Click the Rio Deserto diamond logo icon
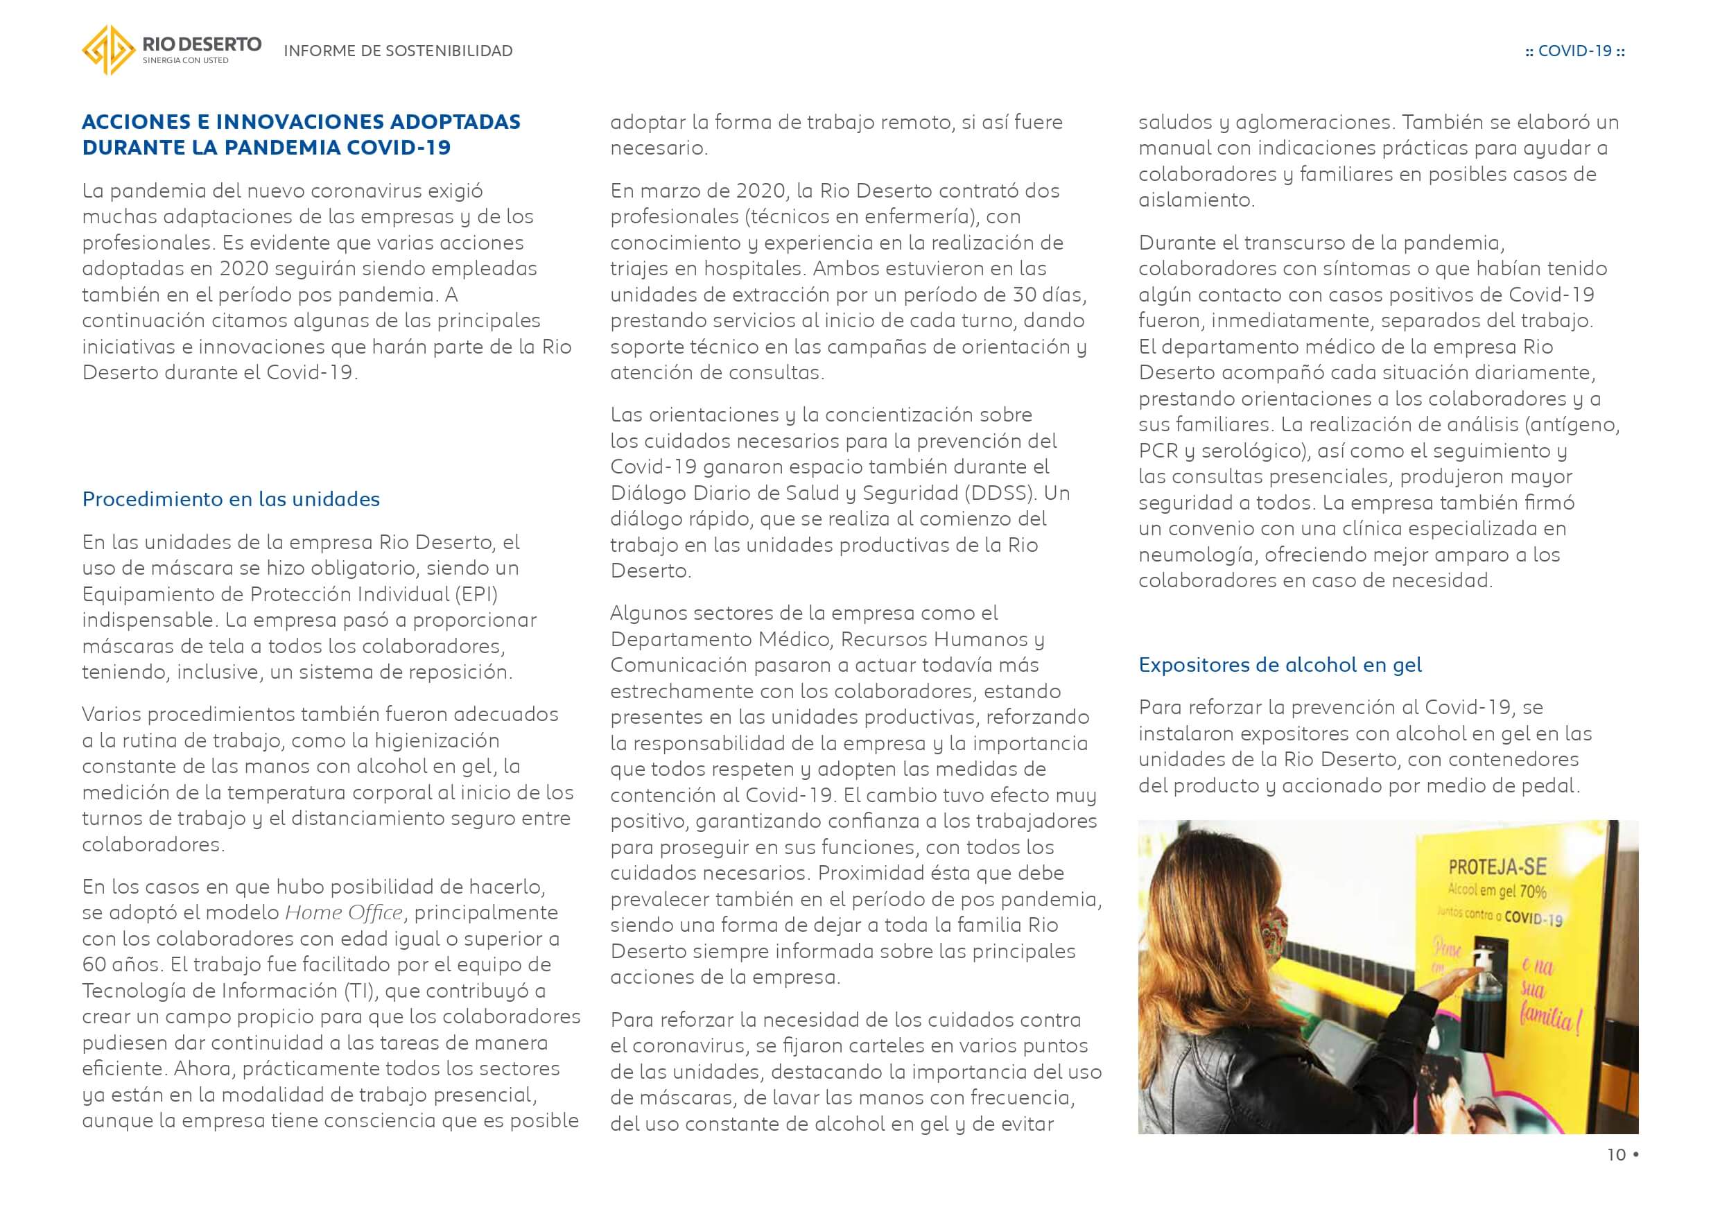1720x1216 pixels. (x=109, y=50)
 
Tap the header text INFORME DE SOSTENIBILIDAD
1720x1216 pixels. (x=398, y=51)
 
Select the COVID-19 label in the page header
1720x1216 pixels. (x=1574, y=51)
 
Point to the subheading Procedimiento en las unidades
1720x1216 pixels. (x=231, y=499)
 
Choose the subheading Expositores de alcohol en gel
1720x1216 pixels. (x=1280, y=665)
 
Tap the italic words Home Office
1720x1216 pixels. (x=344, y=912)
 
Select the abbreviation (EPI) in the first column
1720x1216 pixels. (x=476, y=594)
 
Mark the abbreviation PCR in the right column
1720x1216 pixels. (x=1158, y=451)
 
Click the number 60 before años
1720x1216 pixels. (x=94, y=964)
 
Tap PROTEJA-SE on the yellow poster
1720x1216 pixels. (x=1497, y=867)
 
